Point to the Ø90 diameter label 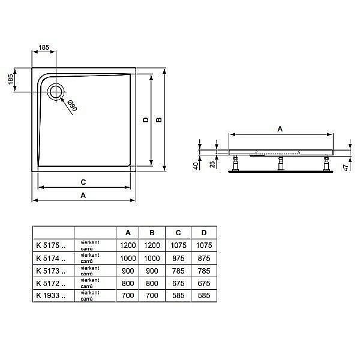coord(71,107)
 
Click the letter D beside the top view coord(145,119)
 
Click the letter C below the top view coord(83,182)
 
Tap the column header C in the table coord(178,232)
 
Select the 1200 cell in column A coord(127,245)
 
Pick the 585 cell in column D coord(204,295)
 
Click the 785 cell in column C coord(178,270)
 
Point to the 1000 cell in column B coord(152,257)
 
